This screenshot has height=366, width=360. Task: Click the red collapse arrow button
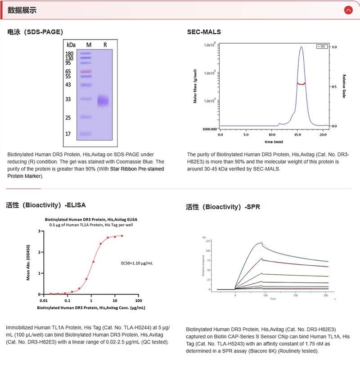[x=348, y=10]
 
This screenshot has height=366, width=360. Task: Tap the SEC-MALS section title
[x=204, y=32]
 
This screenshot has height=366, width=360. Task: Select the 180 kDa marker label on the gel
[x=69, y=54]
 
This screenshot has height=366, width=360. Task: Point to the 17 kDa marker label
[x=68, y=134]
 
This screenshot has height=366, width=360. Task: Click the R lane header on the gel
[x=105, y=45]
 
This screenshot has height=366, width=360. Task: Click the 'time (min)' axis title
[x=274, y=142]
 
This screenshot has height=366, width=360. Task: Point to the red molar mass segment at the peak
[x=301, y=84]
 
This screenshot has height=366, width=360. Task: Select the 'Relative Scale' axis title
[x=344, y=86]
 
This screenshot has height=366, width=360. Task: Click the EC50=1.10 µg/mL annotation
[x=137, y=263]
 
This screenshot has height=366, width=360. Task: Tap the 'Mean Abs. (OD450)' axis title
[x=28, y=263]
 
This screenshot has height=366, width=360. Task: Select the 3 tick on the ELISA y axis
[x=40, y=231]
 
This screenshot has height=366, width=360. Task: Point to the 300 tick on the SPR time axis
[x=326, y=295]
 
